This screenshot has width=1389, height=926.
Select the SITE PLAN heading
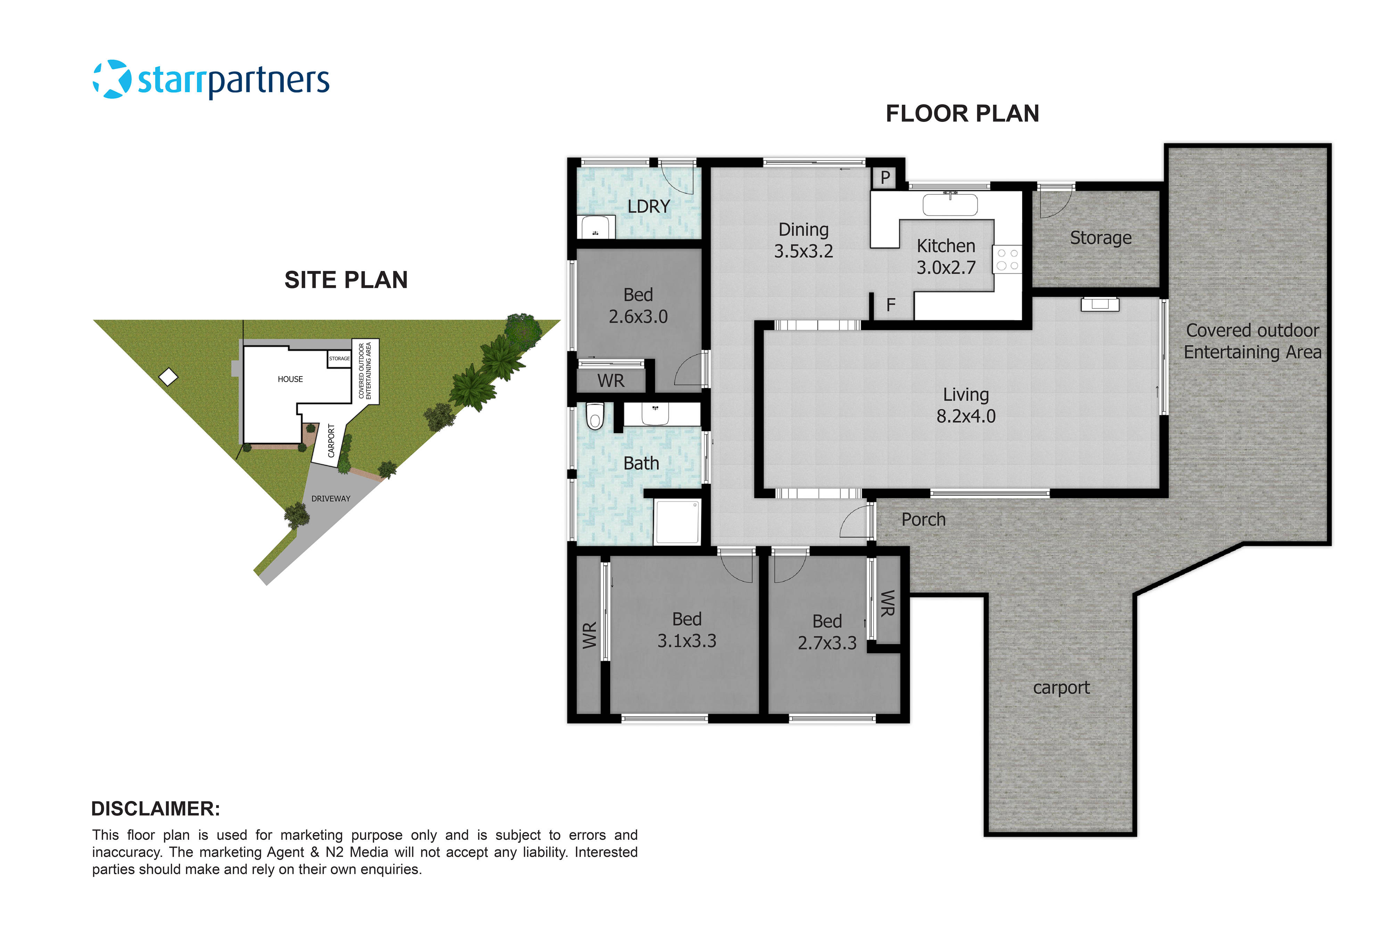click(x=346, y=280)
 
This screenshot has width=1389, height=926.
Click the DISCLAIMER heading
click(x=155, y=809)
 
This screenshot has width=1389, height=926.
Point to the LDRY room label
click(x=648, y=207)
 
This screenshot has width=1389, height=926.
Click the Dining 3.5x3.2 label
click(x=803, y=240)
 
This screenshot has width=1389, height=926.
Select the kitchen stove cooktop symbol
click(x=1007, y=259)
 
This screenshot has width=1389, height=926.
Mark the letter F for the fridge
click(x=890, y=305)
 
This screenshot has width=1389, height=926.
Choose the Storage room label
click(x=1100, y=238)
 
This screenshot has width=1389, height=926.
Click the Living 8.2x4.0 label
click(x=965, y=405)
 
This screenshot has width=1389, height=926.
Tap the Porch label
click(x=923, y=520)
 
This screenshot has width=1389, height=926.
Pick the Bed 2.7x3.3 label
click(x=827, y=632)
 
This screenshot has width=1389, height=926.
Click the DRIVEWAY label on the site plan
click(x=331, y=498)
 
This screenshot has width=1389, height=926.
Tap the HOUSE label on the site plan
click(x=290, y=379)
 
